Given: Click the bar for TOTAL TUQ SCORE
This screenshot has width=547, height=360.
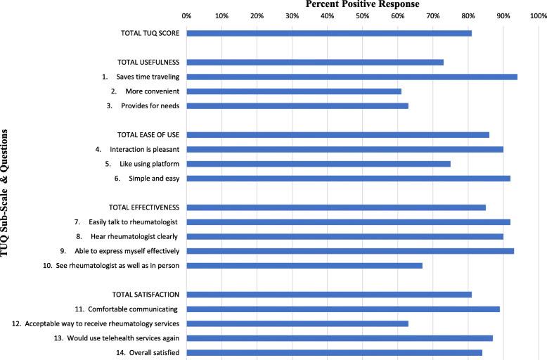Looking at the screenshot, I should coord(329,33).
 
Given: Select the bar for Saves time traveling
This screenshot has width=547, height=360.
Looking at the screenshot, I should coord(352,77).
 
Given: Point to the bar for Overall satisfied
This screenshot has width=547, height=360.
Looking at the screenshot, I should coord(334,352).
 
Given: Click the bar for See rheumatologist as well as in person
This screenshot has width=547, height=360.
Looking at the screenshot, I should coord(304,266).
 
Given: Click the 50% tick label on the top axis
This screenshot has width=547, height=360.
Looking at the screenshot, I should coord(362,15).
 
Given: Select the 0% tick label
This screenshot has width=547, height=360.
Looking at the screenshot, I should coord(186,15).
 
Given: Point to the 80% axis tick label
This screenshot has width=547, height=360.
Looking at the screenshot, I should coord(468,15).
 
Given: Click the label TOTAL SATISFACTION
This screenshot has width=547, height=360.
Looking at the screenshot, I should coord(146,294).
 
